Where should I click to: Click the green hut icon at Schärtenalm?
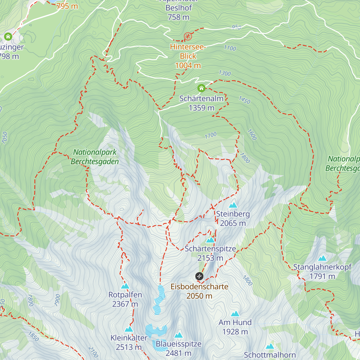coord(201,88)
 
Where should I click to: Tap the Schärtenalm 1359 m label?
coord(201,103)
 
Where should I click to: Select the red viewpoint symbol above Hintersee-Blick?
coord(188,37)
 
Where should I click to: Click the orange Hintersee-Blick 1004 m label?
coord(188,56)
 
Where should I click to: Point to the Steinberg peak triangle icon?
coord(233,205)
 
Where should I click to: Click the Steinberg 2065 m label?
coord(233,218)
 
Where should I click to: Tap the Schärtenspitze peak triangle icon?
coord(210,240)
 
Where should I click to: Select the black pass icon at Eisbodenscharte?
coord(199,276)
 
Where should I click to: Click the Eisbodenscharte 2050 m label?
coord(199,291)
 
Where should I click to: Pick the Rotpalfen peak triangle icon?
coord(125,286)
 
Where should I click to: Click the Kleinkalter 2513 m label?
coord(129,342)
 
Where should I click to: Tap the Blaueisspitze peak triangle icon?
coord(178,335)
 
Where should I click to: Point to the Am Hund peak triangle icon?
coord(235,314)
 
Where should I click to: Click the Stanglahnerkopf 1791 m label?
coord(322,271)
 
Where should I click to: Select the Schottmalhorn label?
coord(270,355)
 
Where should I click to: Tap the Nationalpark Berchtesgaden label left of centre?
coord(95,157)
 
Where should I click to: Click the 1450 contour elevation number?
coord(244,100)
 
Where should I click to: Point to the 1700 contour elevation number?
coord(211,136)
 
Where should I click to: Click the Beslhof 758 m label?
coord(178,12)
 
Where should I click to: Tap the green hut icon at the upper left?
coord(8,37)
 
